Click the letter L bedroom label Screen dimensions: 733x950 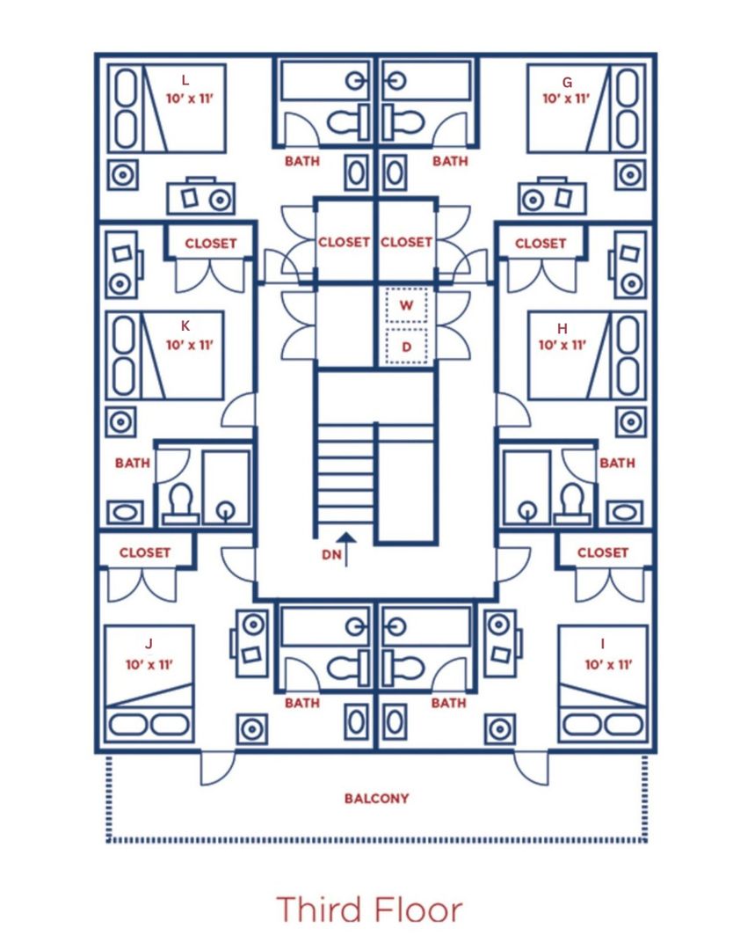[x=185, y=80]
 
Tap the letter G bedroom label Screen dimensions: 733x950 [x=567, y=83]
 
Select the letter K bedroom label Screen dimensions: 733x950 [x=185, y=326]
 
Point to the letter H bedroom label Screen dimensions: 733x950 [x=562, y=328]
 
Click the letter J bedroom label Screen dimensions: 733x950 [x=149, y=643]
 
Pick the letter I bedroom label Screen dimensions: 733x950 [x=602, y=643]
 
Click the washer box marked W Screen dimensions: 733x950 [x=406, y=304]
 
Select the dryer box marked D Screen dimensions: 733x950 [x=406, y=347]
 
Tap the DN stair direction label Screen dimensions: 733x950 [x=331, y=554]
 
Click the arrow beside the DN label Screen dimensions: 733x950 [x=346, y=550]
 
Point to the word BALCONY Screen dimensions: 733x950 [x=376, y=799]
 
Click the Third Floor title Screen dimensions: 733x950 [x=369, y=909]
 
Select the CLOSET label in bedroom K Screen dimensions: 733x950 [x=211, y=244]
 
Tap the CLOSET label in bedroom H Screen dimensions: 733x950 [x=541, y=244]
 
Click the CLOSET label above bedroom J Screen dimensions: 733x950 [x=145, y=552]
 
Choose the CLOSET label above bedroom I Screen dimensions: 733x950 [x=603, y=552]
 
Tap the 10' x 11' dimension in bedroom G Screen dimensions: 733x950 [x=565, y=99]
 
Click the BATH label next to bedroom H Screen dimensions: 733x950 [x=617, y=463]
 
